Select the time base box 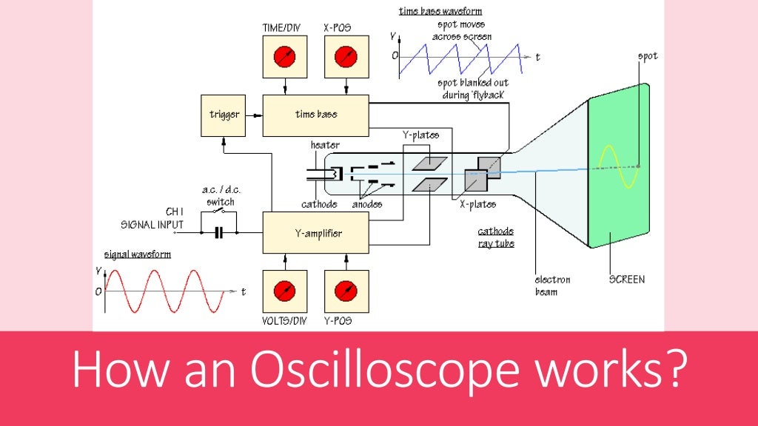(x=316, y=115)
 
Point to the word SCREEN (x=626, y=280)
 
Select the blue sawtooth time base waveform (x=459, y=55)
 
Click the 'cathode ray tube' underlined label (x=495, y=237)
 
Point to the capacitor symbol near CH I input (x=218, y=233)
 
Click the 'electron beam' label (x=552, y=285)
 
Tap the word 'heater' (x=326, y=145)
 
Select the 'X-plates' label (x=477, y=204)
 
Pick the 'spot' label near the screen (x=647, y=56)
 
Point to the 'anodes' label (x=367, y=204)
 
